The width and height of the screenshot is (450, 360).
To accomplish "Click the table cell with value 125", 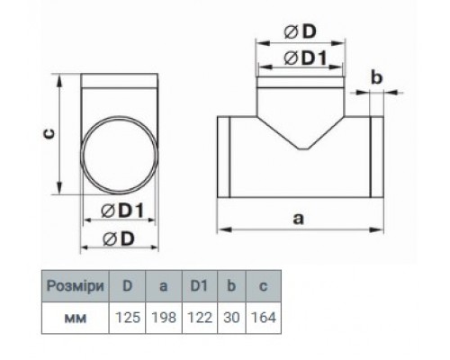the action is point(128,318).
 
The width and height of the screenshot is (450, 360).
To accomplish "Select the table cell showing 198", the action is point(164,318).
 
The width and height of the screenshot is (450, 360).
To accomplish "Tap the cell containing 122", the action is point(200,318).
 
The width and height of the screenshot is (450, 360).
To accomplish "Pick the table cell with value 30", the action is point(231,318).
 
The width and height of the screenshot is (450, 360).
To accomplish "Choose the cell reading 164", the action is point(264,318).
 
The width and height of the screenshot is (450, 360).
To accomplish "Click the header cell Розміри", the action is point(76,286).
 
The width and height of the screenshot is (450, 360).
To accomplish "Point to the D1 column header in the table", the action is point(200,286).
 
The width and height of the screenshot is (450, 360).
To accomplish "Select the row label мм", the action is point(76,318).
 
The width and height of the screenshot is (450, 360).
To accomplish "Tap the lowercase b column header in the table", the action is point(231,286).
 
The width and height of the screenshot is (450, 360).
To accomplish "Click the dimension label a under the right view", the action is point(298,219).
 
